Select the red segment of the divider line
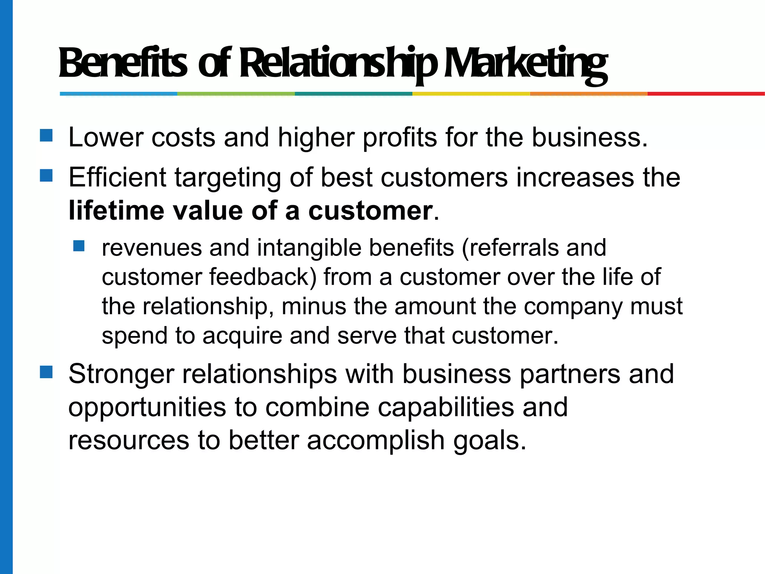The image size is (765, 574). pyautogui.click(x=706, y=94)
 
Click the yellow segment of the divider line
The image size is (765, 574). pyautogui.click(x=471, y=94)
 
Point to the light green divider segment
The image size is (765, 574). pyautogui.click(x=236, y=94)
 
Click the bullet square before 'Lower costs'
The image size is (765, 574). pyautogui.click(x=46, y=135)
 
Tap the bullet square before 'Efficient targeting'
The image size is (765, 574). pyautogui.click(x=46, y=175)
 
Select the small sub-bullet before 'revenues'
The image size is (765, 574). pyautogui.click(x=79, y=246)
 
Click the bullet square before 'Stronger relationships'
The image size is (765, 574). pyautogui.click(x=46, y=372)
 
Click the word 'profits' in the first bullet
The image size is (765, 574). pyautogui.click(x=400, y=138)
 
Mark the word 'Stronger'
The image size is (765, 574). pyautogui.click(x=121, y=374)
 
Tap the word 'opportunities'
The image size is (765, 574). pyautogui.click(x=147, y=407)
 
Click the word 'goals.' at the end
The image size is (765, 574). pyautogui.click(x=490, y=440)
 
